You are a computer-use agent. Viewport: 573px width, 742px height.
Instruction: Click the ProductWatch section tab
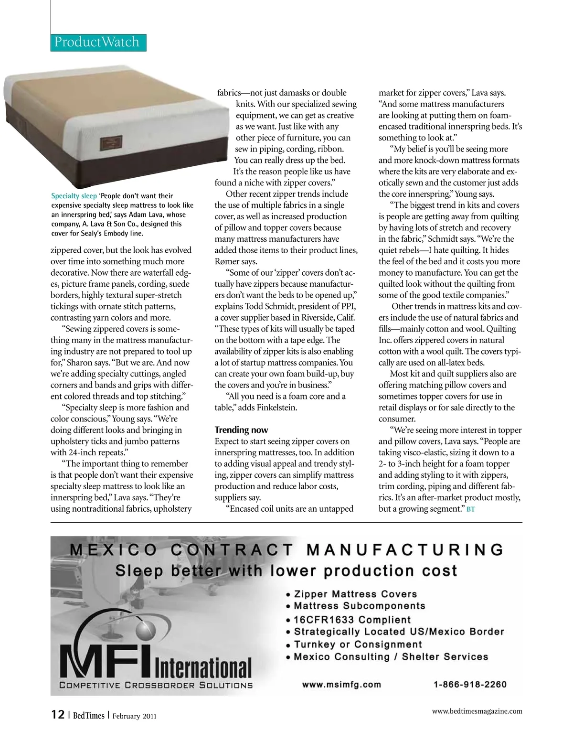tap(97, 42)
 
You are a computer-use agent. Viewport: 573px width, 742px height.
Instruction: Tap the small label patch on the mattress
tap(114, 143)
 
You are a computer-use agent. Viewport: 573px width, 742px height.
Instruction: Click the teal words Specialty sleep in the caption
tap(74, 196)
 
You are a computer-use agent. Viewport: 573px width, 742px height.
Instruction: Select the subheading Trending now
tap(241, 430)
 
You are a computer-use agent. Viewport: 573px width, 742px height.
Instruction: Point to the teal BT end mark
tap(471, 509)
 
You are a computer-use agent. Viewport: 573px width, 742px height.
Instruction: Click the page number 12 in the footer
tap(58, 715)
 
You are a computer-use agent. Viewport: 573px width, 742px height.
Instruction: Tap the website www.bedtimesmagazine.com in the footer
tap(477, 711)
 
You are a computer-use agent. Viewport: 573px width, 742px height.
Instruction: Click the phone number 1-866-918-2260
tap(470, 684)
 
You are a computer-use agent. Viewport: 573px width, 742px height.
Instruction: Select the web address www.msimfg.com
tap(341, 684)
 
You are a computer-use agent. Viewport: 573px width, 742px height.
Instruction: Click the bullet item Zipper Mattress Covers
tap(355, 594)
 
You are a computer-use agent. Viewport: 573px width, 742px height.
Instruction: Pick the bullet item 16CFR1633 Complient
tap(352, 619)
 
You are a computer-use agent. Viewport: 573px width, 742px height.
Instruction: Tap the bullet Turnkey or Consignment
tap(358, 644)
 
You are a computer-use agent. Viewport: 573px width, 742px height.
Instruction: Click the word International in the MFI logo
tap(203, 667)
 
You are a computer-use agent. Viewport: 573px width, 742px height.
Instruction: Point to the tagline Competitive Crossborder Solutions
tap(156, 685)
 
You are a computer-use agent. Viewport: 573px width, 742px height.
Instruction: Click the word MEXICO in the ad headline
tap(113, 550)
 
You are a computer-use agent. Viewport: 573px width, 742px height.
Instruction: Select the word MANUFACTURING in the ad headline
tap(405, 550)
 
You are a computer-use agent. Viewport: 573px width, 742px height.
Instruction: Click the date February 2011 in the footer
tap(134, 716)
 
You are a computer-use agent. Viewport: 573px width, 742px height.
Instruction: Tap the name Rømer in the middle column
tap(227, 261)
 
